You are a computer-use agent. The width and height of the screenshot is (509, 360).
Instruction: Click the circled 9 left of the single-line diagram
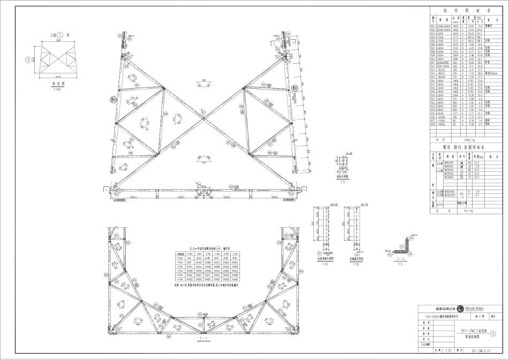pos(27,60)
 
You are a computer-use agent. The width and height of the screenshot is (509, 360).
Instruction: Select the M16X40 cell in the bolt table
pos(449,162)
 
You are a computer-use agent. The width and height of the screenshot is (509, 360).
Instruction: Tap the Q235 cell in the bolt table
pos(440,204)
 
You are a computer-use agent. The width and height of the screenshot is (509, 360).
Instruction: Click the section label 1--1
pos(204,338)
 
